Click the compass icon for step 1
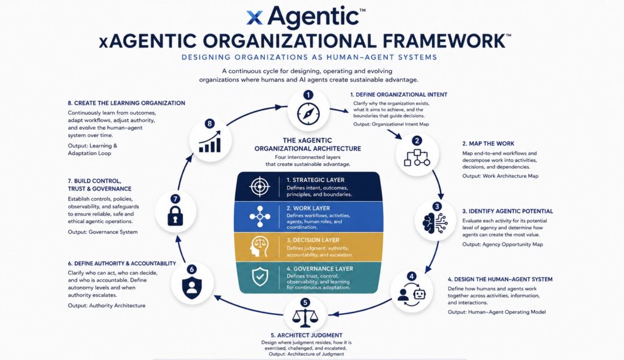pos(308,114)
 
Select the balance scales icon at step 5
pos(305,316)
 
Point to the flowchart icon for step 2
pos(417,158)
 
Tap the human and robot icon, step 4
pos(411,294)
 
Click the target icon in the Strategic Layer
pos(260,186)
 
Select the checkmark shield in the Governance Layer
pos(260,277)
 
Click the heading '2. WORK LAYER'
pos(308,208)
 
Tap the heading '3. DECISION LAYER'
pos(313,240)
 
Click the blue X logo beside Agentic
pos(255,18)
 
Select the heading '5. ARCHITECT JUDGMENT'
pos(307,335)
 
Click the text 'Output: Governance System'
pos(102,232)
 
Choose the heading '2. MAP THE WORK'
pos(488,144)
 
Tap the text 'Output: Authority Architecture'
pos(107,306)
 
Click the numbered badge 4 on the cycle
pos(411,276)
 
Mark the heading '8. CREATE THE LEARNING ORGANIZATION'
pos(126,103)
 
